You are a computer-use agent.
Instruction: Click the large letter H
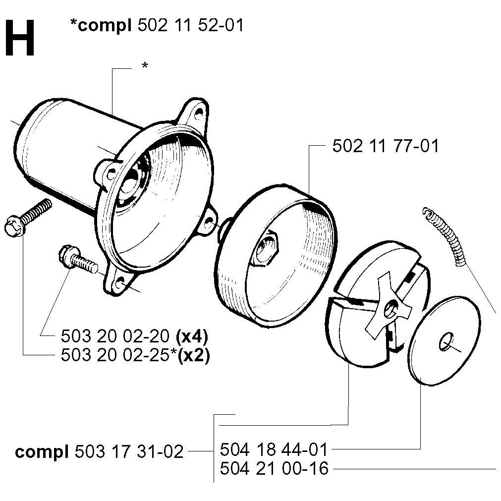tap(19, 38)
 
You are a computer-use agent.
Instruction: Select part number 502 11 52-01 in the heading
tap(191, 25)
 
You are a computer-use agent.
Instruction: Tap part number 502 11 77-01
tap(386, 146)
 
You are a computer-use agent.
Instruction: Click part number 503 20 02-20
tap(115, 336)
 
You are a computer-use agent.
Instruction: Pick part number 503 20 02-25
tap(115, 354)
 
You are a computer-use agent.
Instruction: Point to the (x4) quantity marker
tap(192, 336)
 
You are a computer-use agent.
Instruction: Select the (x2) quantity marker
tap(194, 355)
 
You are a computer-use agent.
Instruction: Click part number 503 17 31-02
tap(129, 452)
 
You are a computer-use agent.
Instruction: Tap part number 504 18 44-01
tap(274, 449)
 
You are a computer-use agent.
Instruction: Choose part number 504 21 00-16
tap(274, 468)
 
